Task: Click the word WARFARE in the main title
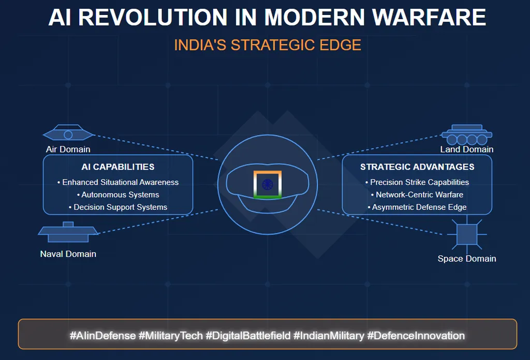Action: pos(429,17)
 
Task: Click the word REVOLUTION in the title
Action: pos(153,17)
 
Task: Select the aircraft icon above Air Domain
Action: pos(68,132)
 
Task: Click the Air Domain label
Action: pos(68,149)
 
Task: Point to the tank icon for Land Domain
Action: pos(467,135)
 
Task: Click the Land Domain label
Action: pos(466,149)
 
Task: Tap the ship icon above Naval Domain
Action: pos(68,232)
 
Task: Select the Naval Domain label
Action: pos(68,254)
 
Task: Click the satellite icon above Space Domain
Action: pos(467,234)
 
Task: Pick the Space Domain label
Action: pos(467,259)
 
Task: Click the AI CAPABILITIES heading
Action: pos(118,167)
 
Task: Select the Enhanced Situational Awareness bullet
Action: pos(118,183)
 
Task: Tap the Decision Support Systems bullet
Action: pos(118,207)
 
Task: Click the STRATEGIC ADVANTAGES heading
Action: pos(417,167)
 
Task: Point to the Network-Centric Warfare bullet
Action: pos(417,195)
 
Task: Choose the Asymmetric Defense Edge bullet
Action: pos(417,207)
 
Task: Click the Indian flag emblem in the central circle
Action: pos(268,184)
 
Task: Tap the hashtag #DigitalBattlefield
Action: pos(248,336)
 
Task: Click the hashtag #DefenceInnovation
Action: pos(416,336)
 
